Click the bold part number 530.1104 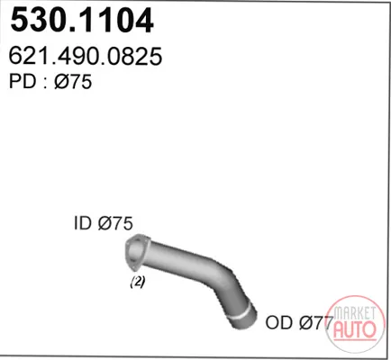tap(82, 21)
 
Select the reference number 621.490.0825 tap(86, 56)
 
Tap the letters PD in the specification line tap(23, 81)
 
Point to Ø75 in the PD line tap(73, 81)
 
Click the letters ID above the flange tap(83, 223)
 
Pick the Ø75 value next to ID tap(115, 223)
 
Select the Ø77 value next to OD tap(316, 322)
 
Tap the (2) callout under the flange tap(138, 282)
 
